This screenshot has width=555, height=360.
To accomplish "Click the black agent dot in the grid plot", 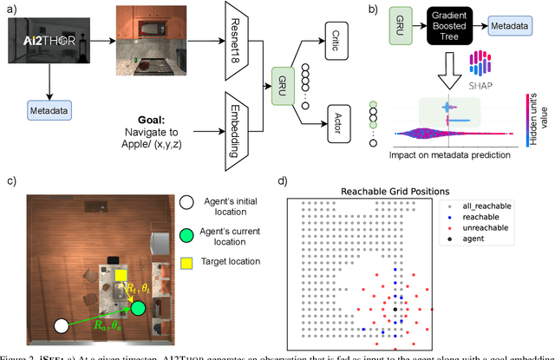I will click(395, 309).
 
